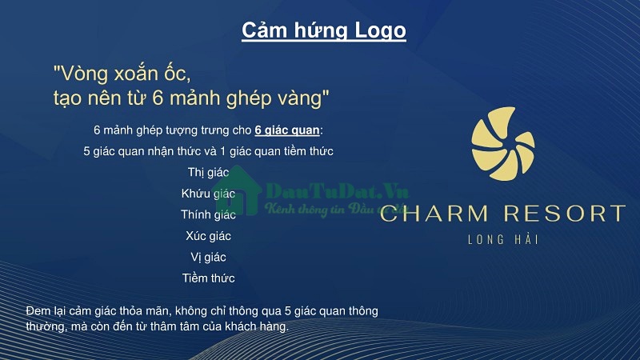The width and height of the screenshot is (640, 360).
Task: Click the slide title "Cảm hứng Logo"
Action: point(324,30)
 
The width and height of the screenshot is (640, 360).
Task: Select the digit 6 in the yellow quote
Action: point(158,98)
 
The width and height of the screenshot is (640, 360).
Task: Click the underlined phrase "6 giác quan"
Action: point(287,130)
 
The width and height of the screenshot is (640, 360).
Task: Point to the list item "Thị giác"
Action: point(208,172)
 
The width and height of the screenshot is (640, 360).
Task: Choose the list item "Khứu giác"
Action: point(208,194)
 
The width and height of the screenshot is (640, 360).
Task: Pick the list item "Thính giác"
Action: point(208,214)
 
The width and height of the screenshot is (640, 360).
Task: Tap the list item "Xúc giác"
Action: point(208,236)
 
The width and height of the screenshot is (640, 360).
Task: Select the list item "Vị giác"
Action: point(208,257)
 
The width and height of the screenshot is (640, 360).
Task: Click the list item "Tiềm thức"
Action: point(208,278)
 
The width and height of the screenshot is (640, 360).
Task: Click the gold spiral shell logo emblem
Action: point(503,144)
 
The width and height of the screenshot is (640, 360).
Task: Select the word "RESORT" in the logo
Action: point(565,214)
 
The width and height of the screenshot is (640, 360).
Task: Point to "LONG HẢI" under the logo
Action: point(503,239)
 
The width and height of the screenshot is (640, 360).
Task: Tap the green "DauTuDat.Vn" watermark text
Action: point(337,191)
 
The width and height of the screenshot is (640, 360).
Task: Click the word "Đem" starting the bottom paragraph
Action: point(38,311)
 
